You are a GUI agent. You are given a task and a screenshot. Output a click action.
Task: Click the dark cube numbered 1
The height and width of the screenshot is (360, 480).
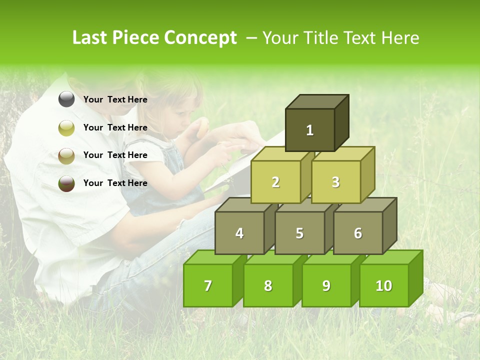pyautogui.click(x=310, y=130)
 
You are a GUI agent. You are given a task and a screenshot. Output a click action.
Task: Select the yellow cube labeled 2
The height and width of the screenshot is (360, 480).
pyautogui.click(x=275, y=182)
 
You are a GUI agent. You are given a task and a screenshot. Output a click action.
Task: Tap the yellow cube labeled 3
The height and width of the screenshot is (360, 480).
pyautogui.click(x=335, y=182)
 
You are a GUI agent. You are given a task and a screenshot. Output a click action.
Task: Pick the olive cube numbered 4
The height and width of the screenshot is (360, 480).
pyautogui.click(x=239, y=233)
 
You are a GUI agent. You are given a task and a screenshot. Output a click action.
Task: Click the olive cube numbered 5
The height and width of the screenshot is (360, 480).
pyautogui.click(x=299, y=233)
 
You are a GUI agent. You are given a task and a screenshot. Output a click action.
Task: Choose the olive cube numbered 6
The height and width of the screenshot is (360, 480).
pyautogui.click(x=358, y=233)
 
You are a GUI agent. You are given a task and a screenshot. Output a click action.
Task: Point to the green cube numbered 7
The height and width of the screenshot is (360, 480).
pyautogui.click(x=208, y=285)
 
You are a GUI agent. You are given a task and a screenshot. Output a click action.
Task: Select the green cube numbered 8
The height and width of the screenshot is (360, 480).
pyautogui.click(x=268, y=285)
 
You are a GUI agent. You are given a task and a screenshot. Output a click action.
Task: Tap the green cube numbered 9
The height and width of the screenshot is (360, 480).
pyautogui.click(x=326, y=285)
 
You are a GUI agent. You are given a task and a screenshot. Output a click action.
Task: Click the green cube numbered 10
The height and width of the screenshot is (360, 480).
pyautogui.click(x=383, y=285)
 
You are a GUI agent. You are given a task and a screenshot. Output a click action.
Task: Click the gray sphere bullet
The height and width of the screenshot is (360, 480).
pyautogui.click(x=66, y=99)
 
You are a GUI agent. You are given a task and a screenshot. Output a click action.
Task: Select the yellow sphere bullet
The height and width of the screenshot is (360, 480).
pyautogui.click(x=66, y=128)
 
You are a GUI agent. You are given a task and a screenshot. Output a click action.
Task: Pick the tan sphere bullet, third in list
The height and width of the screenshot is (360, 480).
pyautogui.click(x=66, y=155)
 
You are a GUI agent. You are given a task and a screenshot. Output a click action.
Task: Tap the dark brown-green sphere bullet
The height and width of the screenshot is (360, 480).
pyautogui.click(x=66, y=183)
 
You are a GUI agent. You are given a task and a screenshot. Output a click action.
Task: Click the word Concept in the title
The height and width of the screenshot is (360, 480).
pyautogui.click(x=200, y=38)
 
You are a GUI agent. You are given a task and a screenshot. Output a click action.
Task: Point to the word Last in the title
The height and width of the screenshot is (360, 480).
pyautogui.click(x=90, y=38)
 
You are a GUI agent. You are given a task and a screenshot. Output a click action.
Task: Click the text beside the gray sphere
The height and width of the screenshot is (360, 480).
pyautogui.click(x=115, y=99)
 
